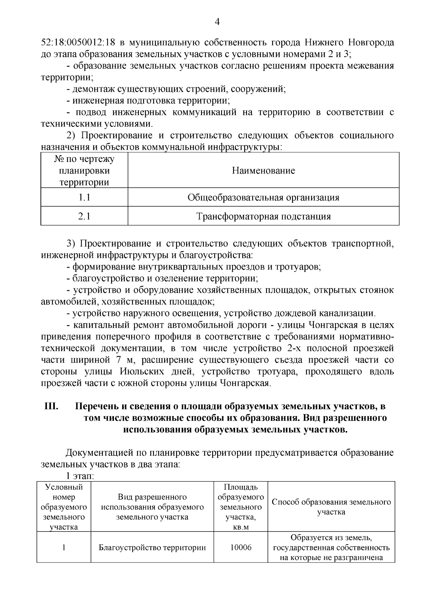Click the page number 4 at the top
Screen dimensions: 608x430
point(217,22)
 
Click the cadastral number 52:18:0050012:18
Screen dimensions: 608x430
point(78,43)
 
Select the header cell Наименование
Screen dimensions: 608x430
point(263,171)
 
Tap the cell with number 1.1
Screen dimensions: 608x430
point(84,197)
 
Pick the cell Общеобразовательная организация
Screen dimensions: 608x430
point(263,197)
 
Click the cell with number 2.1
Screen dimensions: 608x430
point(84,216)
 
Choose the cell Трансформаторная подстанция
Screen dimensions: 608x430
point(263,216)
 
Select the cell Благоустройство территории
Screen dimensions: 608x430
point(152,548)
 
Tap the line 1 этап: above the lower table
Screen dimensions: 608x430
point(79,477)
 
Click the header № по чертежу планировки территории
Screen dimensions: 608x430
point(84,171)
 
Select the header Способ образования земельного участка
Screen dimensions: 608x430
point(331,507)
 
